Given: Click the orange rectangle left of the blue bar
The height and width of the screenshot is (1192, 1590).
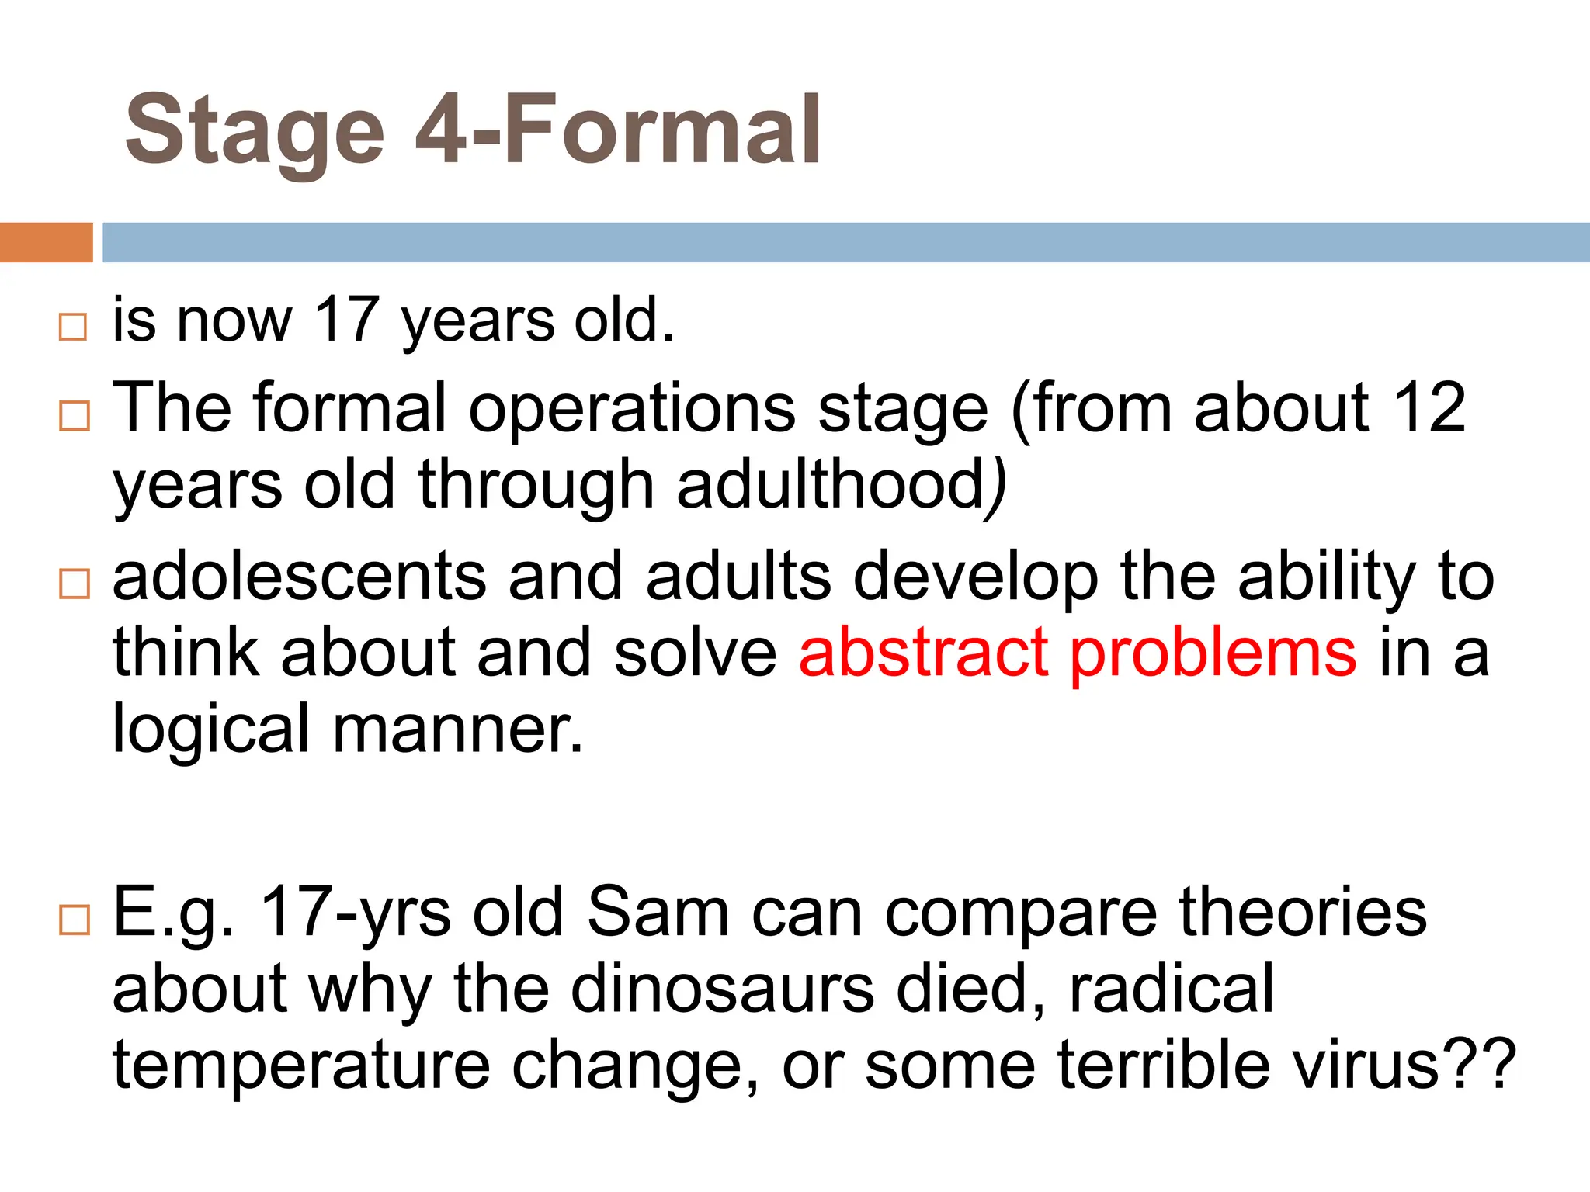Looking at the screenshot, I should click(46, 242).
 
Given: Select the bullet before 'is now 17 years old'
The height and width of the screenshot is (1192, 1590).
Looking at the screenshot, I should click(73, 327).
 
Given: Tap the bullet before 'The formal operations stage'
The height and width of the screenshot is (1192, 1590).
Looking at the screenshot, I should click(75, 416).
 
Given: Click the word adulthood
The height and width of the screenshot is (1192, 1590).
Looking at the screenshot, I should click(831, 485).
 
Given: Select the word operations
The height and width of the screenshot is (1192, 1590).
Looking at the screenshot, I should click(631, 410).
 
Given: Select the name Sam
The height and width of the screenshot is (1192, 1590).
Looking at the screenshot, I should click(658, 913).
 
